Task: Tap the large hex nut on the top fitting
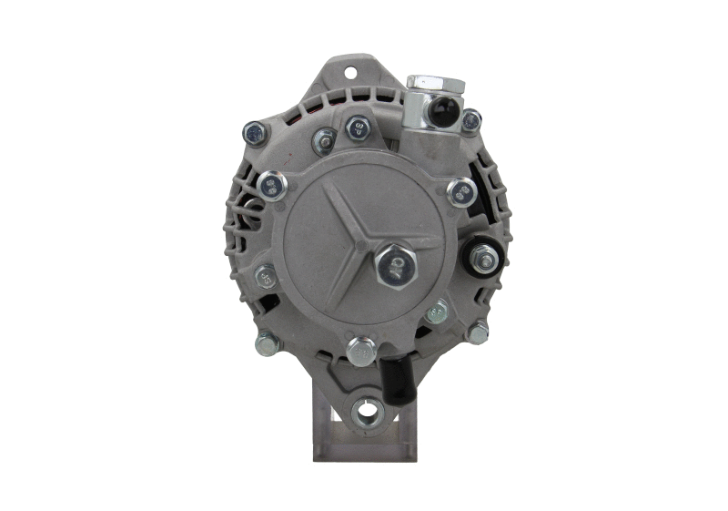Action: (435, 85)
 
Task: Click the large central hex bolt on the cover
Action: (395, 265)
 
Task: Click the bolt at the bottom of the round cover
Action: (361, 350)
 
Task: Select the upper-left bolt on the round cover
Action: (272, 187)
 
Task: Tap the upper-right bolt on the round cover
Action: (462, 191)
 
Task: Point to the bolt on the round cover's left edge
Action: (266, 277)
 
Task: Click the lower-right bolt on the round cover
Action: (437, 312)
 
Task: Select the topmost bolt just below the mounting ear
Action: (359, 127)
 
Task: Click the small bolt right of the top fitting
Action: (470, 119)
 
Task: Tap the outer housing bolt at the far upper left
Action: (255, 134)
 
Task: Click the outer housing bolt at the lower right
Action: (476, 332)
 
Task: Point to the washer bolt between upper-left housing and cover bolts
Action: (324, 141)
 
